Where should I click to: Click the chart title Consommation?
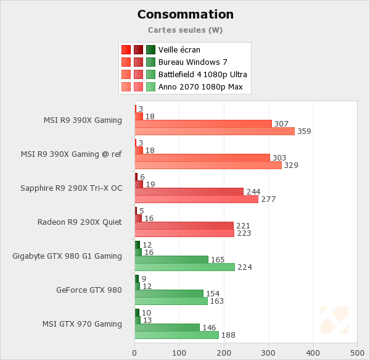185,14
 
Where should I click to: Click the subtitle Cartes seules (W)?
185,30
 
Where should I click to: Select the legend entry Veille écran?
179,50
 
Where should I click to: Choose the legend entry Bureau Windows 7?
192,62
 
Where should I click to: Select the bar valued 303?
202,157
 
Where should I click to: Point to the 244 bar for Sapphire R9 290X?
189,191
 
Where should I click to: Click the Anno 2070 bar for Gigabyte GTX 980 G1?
185,267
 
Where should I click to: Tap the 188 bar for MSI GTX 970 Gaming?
177,335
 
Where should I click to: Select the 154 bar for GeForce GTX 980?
169,293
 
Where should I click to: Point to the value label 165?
218,260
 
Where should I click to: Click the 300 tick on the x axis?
268,353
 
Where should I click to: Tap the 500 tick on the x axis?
357,353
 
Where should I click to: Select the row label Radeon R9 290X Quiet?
80,222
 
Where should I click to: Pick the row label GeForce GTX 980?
89,290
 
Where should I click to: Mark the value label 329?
291,165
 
